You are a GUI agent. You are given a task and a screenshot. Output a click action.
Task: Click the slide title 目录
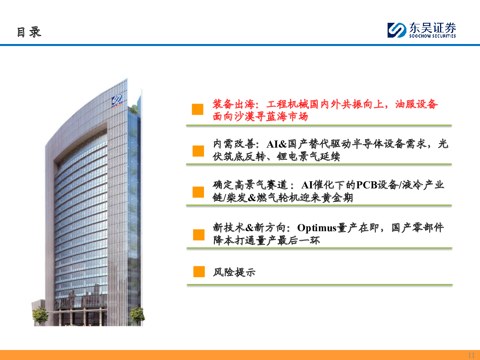coord(29,32)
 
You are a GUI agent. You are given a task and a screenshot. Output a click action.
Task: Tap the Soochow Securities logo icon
coord(397,30)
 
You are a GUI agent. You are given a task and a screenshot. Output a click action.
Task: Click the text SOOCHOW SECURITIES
coord(432,36)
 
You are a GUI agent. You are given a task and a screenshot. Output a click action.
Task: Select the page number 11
coord(471,355)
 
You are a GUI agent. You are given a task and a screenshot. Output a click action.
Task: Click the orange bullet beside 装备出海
coord(198,109)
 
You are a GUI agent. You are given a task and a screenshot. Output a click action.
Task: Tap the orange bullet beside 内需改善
coord(198,151)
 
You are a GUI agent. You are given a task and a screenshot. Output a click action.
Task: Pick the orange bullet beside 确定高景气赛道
coord(198,192)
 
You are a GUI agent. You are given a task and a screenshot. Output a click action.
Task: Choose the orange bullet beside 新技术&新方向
coord(198,235)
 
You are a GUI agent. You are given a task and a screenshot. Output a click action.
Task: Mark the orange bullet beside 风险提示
coord(199,272)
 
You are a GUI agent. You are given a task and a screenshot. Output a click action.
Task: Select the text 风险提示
coord(234,272)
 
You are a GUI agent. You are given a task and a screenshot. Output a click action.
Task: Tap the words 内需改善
coord(234,144)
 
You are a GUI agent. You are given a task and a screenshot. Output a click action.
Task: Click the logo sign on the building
coord(117,101)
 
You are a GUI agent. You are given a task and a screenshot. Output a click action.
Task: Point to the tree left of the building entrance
coord(40,316)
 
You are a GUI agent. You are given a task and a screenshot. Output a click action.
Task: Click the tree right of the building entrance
coord(137,316)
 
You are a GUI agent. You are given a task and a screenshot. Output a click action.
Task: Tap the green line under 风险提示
coord(320,285)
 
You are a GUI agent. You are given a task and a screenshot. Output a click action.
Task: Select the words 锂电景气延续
coord(308,157)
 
